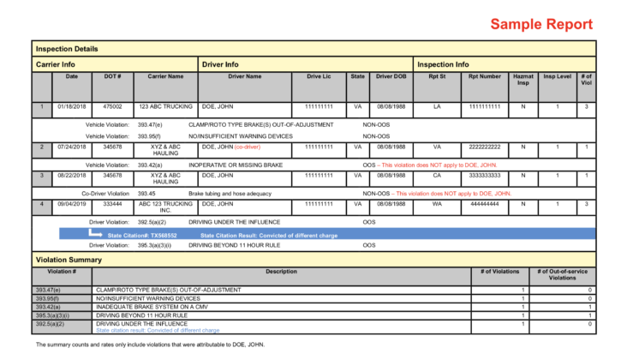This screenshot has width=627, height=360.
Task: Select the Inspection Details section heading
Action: tap(67, 49)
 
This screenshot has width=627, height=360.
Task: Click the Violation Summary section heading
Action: tap(68, 258)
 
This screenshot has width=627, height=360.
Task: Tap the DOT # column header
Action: tap(112, 76)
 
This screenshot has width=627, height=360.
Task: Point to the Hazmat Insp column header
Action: tap(522, 80)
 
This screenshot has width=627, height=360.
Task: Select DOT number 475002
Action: tap(112, 107)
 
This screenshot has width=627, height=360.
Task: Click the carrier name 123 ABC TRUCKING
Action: tap(165, 107)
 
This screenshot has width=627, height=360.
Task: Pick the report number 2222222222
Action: tap(485, 147)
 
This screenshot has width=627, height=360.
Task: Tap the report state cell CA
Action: tap(437, 175)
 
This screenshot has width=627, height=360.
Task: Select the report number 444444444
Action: tap(485, 204)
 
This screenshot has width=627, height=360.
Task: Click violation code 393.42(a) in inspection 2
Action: tap(150, 165)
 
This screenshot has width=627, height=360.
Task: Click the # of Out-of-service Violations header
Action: tap(563, 274)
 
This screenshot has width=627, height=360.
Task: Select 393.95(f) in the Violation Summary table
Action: tap(49, 298)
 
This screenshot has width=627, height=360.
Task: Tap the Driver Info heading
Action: tap(220, 64)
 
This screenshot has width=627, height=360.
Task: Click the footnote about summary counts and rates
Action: tap(151, 345)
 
